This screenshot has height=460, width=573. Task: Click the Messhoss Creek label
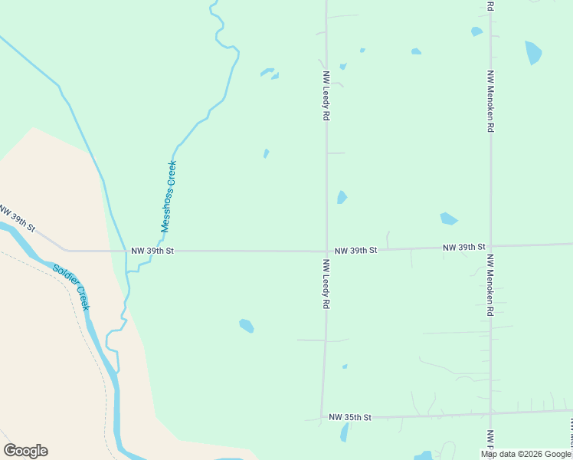tap(169, 196)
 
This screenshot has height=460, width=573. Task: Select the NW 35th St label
tap(349, 417)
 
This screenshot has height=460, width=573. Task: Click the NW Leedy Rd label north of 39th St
tap(326, 96)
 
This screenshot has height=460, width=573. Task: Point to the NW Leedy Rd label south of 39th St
tap(326, 284)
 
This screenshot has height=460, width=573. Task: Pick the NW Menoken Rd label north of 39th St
tap(490, 101)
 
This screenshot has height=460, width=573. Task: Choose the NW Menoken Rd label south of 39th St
tap(490, 286)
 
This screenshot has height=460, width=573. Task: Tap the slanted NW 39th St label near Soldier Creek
tap(17, 219)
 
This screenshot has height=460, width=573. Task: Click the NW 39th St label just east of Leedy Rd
tap(356, 250)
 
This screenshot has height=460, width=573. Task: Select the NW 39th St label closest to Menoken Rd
tap(464, 247)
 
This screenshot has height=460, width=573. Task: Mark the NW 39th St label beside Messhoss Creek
tap(152, 251)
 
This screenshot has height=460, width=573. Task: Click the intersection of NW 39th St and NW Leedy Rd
tap(326, 251)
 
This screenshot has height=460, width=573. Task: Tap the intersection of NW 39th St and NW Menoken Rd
tap(490, 247)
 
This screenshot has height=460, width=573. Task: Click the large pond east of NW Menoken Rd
tap(533, 52)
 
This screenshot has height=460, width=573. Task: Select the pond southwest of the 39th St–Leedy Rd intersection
tap(246, 326)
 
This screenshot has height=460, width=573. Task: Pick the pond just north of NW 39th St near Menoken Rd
tap(448, 219)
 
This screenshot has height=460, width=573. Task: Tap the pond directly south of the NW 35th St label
tap(345, 432)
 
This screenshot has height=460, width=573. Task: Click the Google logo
tap(25, 451)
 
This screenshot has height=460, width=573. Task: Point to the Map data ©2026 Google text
tap(526, 454)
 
